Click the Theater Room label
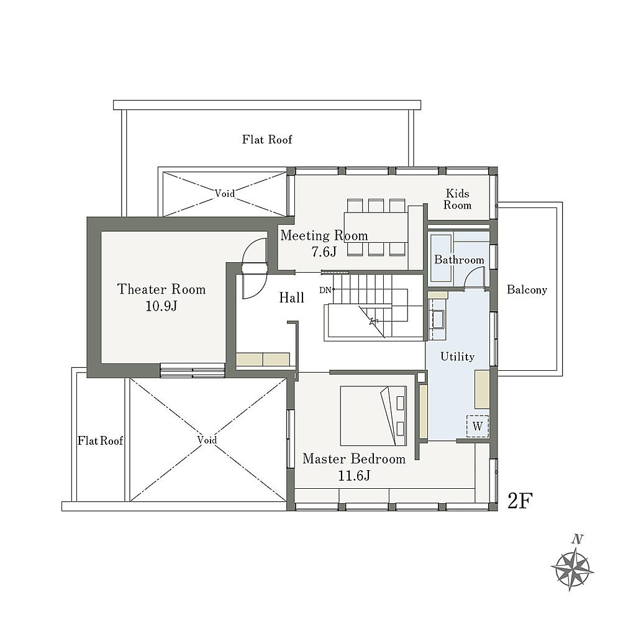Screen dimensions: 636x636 pyautogui.click(x=161, y=289)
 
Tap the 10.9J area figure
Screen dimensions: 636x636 pyautogui.click(x=161, y=306)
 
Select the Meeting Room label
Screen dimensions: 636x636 pyautogui.click(x=324, y=235)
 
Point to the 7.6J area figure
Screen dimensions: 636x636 pyautogui.click(x=324, y=252)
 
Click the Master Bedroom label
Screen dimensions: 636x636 pyautogui.click(x=354, y=459)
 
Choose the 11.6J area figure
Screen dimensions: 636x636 pyautogui.click(x=354, y=475)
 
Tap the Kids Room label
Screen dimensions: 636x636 pyautogui.click(x=458, y=199)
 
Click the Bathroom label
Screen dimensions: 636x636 pyautogui.click(x=459, y=260)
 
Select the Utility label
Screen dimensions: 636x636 pyautogui.click(x=458, y=357)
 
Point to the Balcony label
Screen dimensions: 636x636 pyautogui.click(x=527, y=289)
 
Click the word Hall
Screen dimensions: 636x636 pyautogui.click(x=292, y=298)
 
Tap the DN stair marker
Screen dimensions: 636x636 pyautogui.click(x=325, y=290)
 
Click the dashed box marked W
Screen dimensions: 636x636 pyautogui.click(x=478, y=426)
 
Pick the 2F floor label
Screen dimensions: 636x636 pyautogui.click(x=520, y=501)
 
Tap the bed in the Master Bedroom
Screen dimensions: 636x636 pyautogui.click(x=373, y=416)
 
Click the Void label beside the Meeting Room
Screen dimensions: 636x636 pyautogui.click(x=225, y=194)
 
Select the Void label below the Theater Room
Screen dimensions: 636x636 pyautogui.click(x=207, y=440)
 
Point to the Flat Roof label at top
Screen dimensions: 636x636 pyautogui.click(x=267, y=140)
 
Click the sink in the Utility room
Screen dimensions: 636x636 pyautogui.click(x=438, y=319)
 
